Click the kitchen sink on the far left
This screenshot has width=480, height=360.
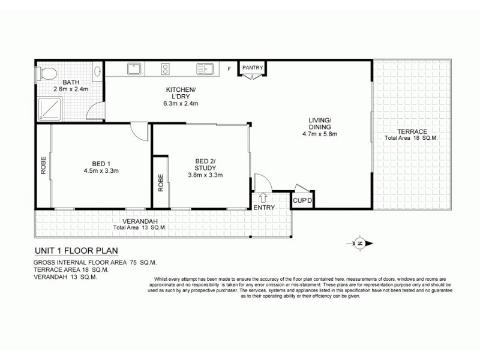(134, 70)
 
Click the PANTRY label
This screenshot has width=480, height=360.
(253, 68)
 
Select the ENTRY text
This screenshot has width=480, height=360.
(264, 208)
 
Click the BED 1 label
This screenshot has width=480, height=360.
(101, 163)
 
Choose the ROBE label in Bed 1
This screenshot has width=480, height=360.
(43, 166)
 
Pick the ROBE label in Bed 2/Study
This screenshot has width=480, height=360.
(160, 182)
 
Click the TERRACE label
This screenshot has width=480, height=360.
(411, 131)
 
